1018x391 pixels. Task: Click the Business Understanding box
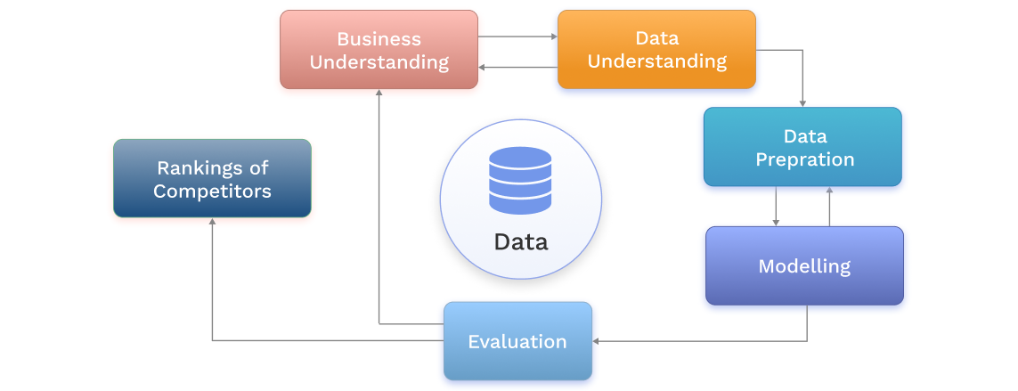point(379,50)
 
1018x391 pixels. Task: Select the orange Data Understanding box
point(656,50)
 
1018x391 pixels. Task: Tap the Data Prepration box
point(802,147)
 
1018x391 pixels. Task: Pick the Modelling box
point(804,265)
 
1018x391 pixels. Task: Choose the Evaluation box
point(517,341)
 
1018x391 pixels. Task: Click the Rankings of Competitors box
point(212,178)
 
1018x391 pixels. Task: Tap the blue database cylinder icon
point(520,182)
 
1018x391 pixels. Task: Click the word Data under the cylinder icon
point(521,241)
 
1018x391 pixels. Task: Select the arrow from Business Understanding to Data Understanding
point(517,37)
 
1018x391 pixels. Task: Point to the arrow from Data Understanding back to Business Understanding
point(517,67)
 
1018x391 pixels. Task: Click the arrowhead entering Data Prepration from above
point(802,103)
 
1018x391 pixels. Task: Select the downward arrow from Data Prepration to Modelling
point(777,206)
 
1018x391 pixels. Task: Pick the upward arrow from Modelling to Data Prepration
point(829,206)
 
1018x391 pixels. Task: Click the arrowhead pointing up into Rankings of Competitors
point(212,223)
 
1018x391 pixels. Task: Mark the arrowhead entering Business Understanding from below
point(379,94)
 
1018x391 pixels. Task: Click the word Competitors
point(212,191)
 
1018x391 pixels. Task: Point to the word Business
point(379,39)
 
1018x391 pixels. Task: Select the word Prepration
point(804,159)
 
